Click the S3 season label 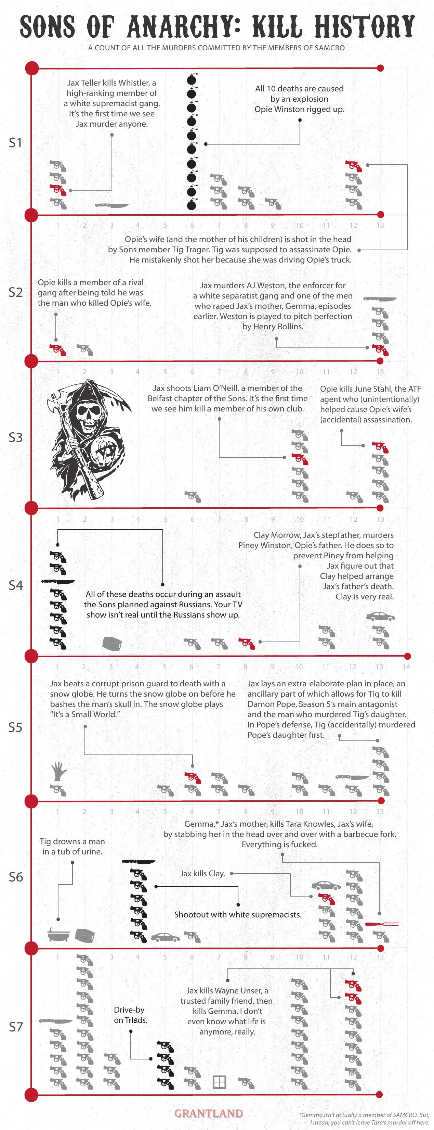coord(15,437)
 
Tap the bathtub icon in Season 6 coord(58,935)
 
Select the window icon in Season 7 coord(219,1082)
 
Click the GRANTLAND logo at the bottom coord(208,1113)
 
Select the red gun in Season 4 coord(246,643)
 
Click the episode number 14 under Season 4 coord(406,667)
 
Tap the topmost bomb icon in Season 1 coord(191,80)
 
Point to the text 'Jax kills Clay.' coord(202,873)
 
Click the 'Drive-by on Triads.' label coord(130,1015)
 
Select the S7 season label coord(15,1027)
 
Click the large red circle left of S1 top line coord(31,68)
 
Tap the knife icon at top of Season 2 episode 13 coord(380,299)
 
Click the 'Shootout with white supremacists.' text coord(238,915)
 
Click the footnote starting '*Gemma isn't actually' coord(364,1118)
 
